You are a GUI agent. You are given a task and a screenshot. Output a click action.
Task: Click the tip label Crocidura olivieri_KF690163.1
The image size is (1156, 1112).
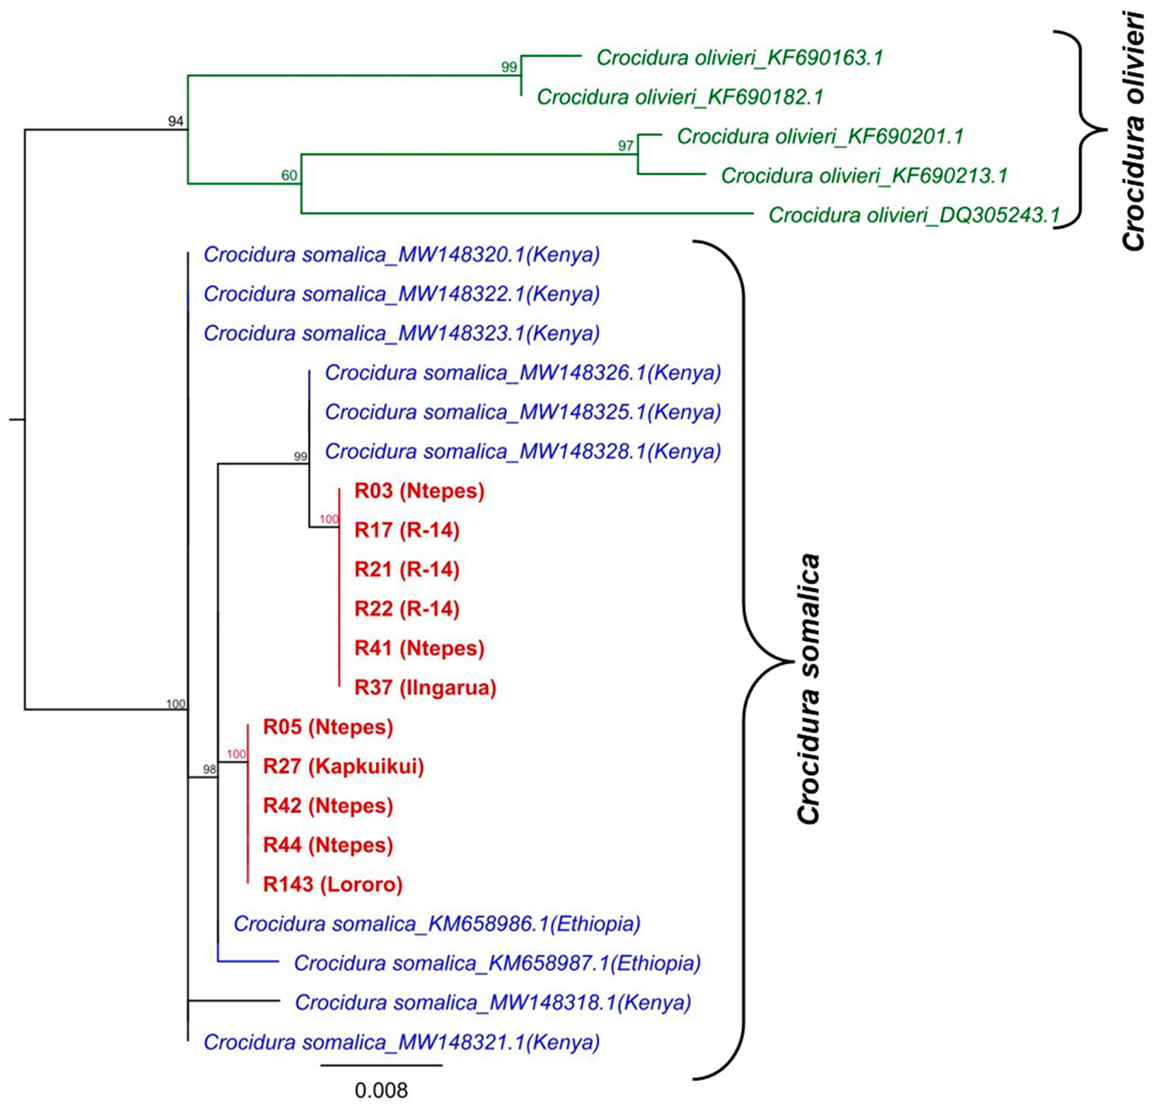click(x=739, y=58)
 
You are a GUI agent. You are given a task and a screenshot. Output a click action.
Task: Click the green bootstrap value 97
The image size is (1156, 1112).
click(x=625, y=145)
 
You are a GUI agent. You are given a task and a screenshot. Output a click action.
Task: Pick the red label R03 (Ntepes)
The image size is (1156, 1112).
click(x=419, y=491)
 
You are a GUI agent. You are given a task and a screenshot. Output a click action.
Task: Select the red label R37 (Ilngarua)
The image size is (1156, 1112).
click(x=425, y=687)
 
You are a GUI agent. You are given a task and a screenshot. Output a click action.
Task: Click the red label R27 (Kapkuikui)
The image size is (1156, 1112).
click(x=343, y=766)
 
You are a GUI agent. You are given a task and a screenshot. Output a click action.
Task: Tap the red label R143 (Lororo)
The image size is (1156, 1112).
click(x=333, y=884)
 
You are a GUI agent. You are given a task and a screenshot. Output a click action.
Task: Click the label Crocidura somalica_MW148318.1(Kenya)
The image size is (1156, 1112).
click(x=492, y=1002)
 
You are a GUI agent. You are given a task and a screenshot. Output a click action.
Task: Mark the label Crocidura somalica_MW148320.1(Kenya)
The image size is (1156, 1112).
click(x=401, y=255)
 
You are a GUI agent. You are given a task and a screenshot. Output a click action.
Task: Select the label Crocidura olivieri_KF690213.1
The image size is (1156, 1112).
click(x=864, y=176)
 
